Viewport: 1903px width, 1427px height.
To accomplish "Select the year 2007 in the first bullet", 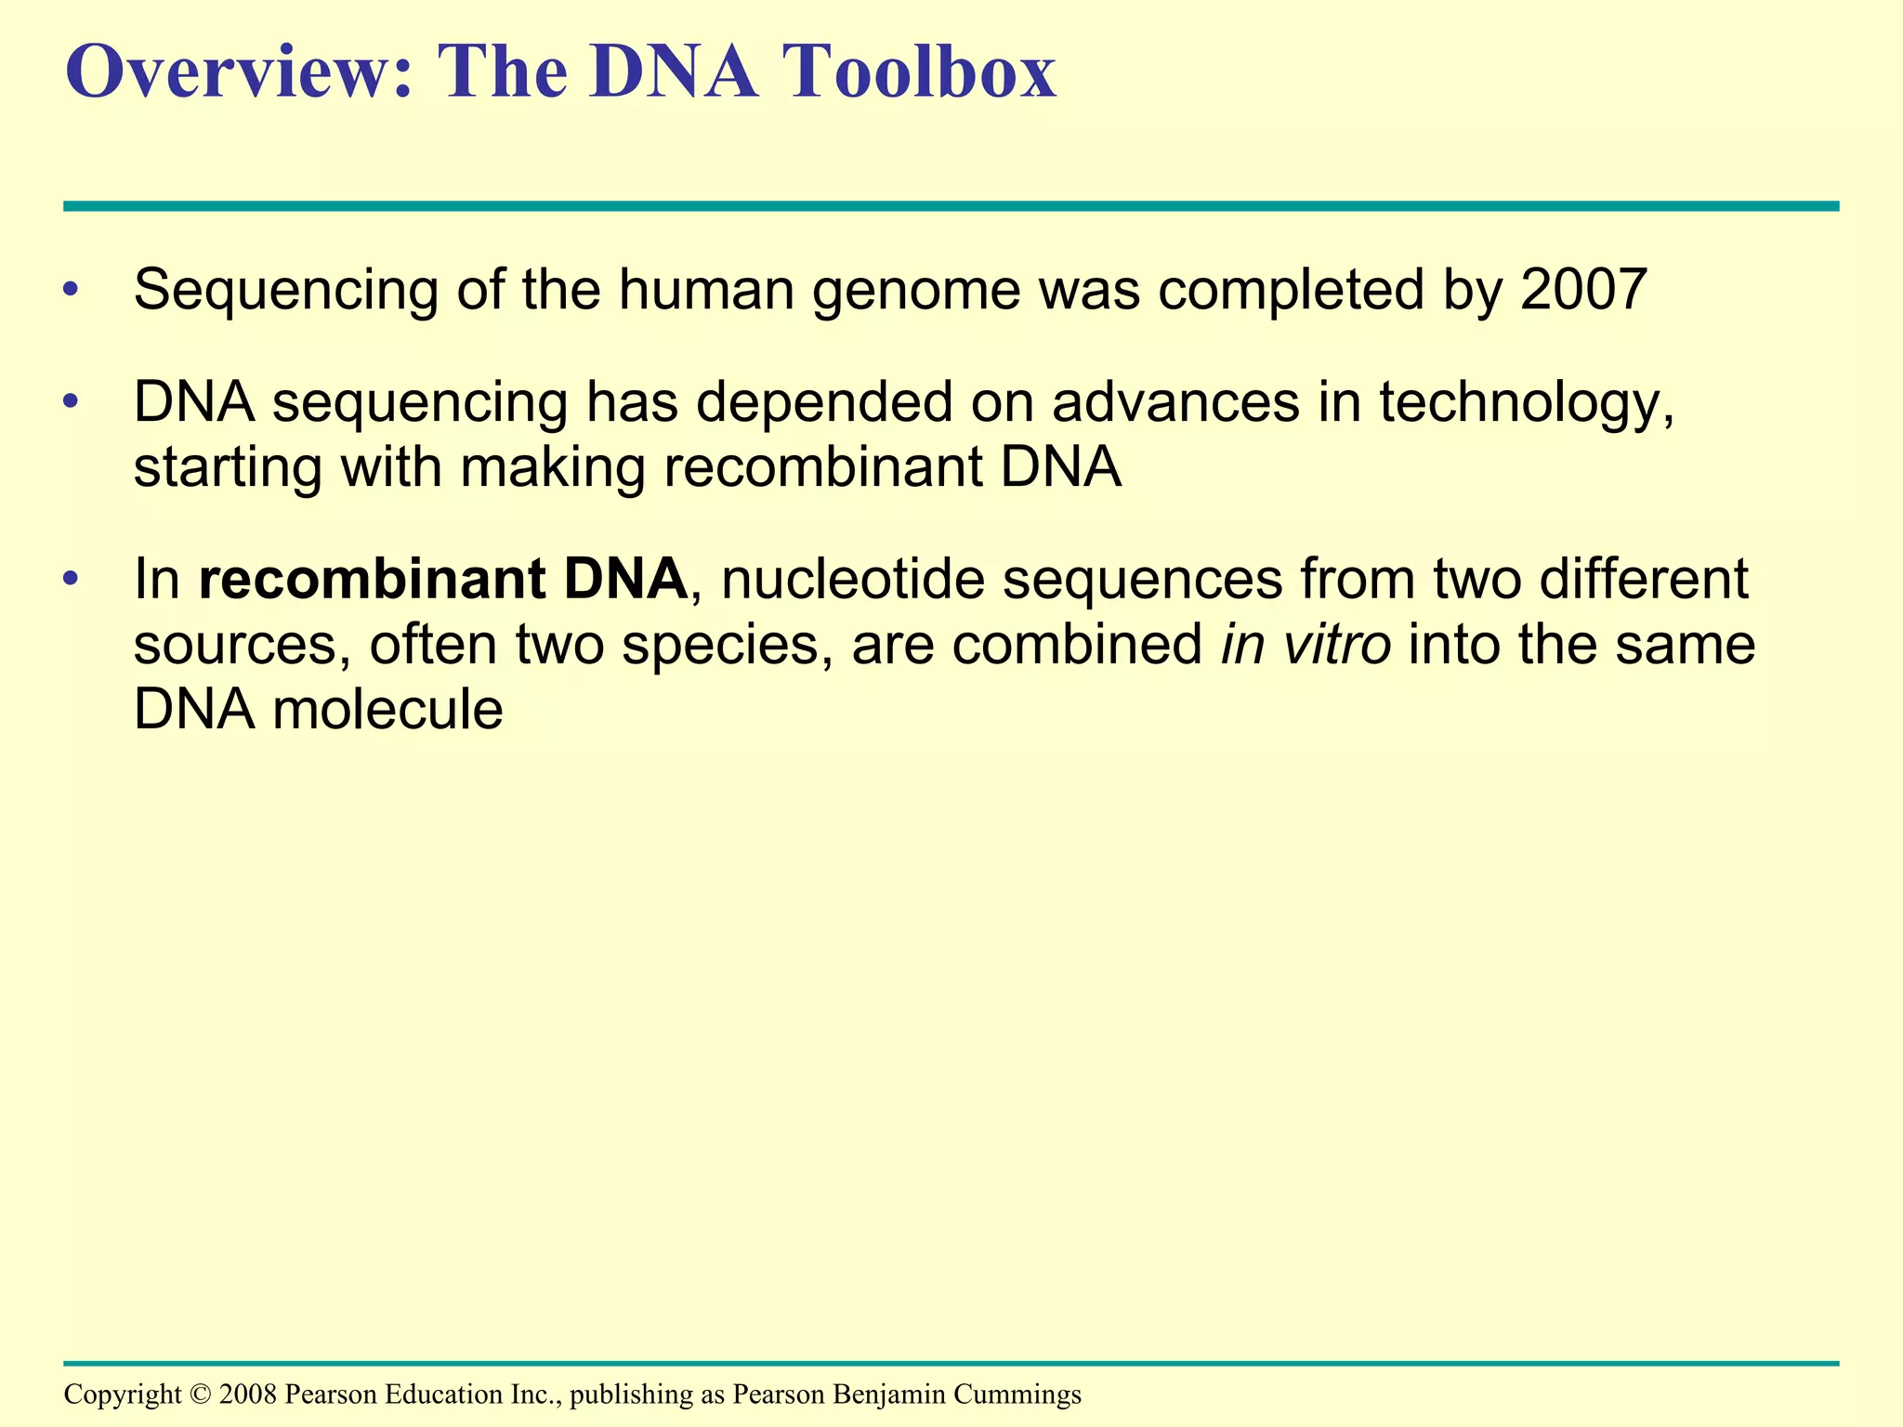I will point(1583,290).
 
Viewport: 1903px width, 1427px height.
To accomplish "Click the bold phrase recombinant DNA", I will point(443,580).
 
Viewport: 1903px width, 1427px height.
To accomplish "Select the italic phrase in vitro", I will point(1306,645).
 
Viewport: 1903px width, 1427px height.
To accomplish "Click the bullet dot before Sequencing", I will point(72,292).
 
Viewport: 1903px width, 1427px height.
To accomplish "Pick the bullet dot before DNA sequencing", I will point(72,404).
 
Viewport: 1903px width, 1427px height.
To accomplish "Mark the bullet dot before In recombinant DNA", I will point(72,581).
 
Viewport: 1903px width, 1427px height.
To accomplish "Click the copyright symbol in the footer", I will point(200,1394).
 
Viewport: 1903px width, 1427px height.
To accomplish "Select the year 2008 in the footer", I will point(248,1394).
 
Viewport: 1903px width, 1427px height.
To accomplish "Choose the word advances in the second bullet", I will point(1175,403).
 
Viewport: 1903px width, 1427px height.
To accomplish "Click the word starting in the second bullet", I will point(228,469).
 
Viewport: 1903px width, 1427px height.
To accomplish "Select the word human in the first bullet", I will point(706,290).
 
